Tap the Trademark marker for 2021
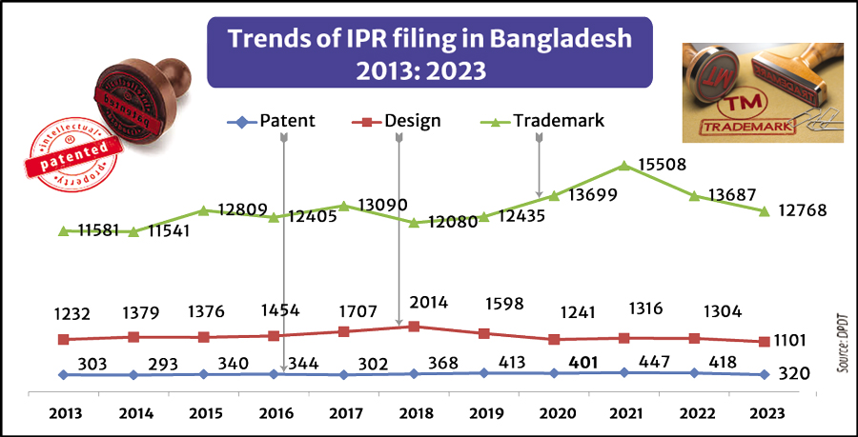coord(624,165)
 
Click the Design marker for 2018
coord(413,327)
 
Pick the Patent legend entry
coord(273,121)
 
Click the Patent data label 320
coord(793,374)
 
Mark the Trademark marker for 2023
coord(764,210)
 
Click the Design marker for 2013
coord(64,339)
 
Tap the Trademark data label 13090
coord(381,205)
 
